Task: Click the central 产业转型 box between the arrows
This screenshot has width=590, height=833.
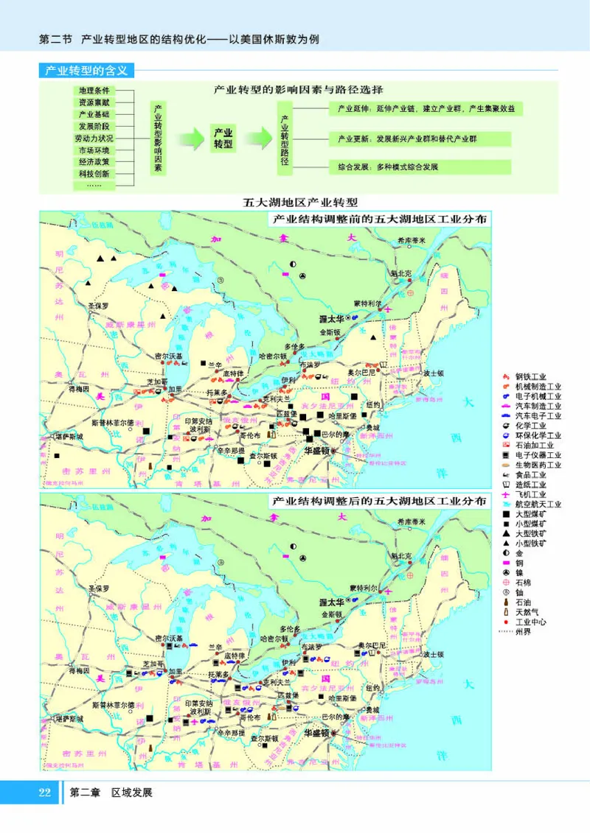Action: coord(223,137)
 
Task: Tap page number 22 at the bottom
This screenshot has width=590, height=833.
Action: coord(44,793)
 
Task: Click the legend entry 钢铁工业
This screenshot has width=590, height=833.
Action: coord(530,378)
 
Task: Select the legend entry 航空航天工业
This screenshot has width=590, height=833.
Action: coord(538,504)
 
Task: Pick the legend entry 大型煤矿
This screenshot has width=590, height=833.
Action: coord(530,513)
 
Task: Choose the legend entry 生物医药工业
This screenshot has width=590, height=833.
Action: coord(538,465)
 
